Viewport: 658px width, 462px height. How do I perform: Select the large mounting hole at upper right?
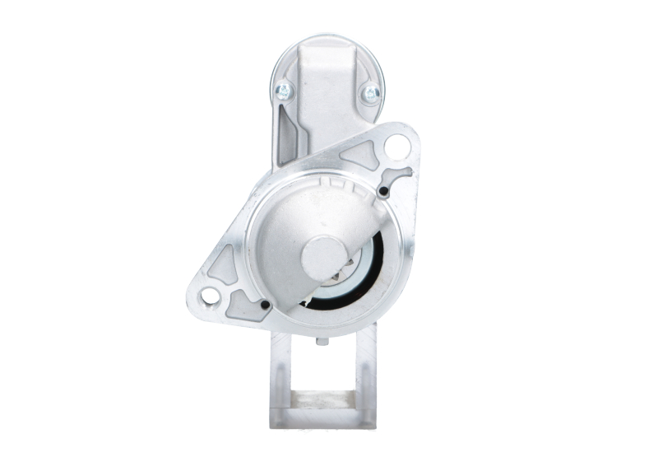point(398,147)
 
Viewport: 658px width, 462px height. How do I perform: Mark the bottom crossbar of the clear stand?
point(324,425)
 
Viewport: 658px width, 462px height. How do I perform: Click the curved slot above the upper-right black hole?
point(401,175)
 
